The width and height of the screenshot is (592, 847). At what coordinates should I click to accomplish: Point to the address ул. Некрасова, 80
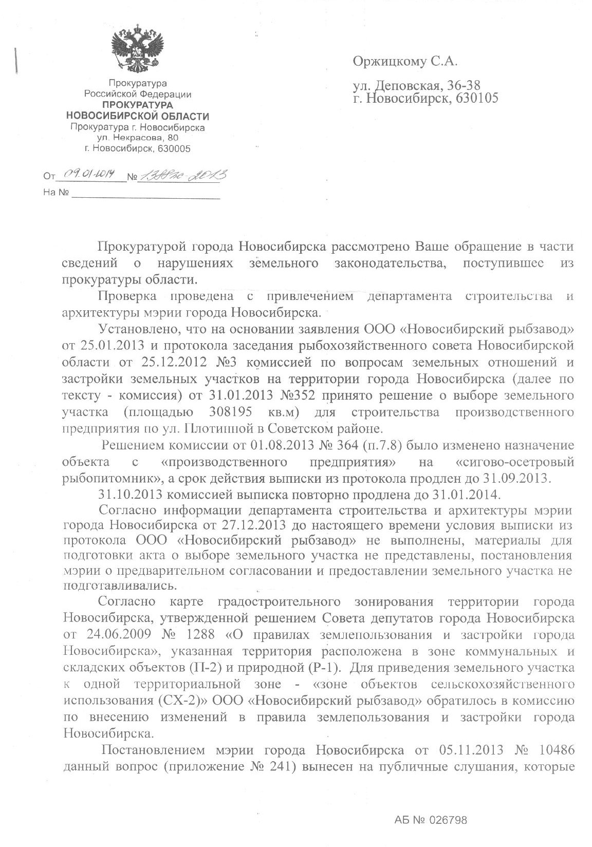[x=138, y=138]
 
